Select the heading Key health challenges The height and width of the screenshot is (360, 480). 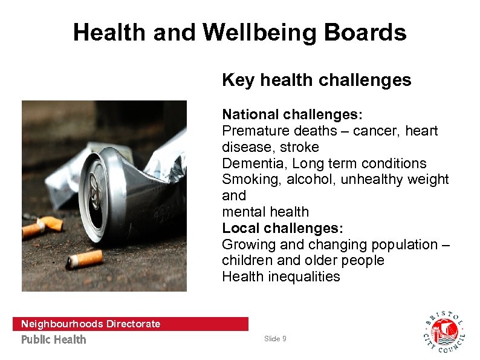tap(316, 80)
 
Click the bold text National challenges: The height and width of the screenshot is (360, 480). tap(292, 114)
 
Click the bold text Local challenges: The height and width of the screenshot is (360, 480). tap(282, 228)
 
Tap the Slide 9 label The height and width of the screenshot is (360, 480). tap(275, 339)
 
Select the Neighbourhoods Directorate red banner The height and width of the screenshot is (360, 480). tap(130, 324)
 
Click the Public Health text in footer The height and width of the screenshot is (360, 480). tap(54, 339)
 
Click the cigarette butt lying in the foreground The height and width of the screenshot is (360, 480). tap(85, 260)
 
